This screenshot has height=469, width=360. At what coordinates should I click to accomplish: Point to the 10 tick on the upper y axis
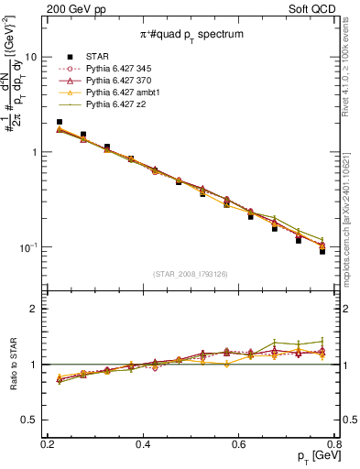click(x=30, y=56)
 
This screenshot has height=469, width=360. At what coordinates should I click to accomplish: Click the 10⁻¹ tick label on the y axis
click(x=28, y=248)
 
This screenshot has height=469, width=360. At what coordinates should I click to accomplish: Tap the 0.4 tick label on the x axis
click(x=143, y=443)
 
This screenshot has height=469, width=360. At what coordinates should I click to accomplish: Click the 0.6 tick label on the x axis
click(x=238, y=443)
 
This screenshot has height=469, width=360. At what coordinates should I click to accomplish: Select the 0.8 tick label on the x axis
click(x=333, y=443)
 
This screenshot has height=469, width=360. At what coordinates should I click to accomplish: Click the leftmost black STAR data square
click(x=60, y=122)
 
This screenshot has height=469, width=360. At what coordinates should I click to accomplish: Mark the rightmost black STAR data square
click(x=322, y=251)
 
